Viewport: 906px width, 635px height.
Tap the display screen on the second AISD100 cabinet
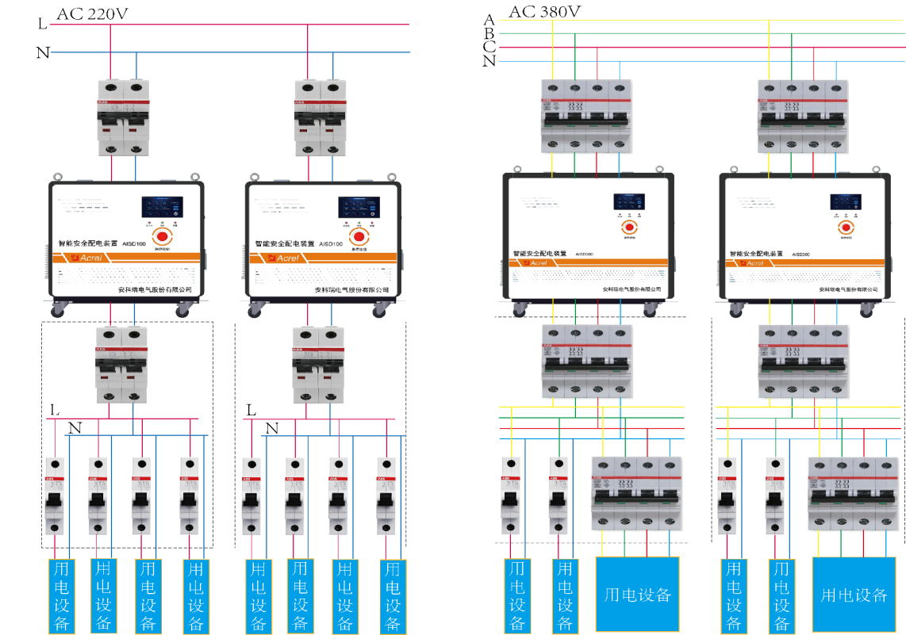[x=359, y=208]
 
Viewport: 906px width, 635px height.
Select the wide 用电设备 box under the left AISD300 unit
[x=638, y=594]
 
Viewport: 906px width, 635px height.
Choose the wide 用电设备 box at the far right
[x=854, y=594]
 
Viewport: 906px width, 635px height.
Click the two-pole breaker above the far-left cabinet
[x=124, y=117]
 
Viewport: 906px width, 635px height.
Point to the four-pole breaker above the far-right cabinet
[x=803, y=115]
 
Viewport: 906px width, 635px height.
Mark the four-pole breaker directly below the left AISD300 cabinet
[x=585, y=361]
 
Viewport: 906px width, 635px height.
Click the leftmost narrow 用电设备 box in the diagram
[x=60, y=595]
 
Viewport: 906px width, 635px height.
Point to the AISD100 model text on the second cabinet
[x=331, y=245]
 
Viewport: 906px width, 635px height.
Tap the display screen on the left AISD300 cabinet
[x=628, y=202]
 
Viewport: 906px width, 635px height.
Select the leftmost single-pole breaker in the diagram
[x=54, y=495]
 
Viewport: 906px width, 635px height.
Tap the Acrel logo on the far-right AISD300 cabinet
[x=754, y=262]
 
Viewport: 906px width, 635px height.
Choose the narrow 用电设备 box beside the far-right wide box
[x=781, y=595]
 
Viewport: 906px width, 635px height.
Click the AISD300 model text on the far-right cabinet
[x=800, y=254]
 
